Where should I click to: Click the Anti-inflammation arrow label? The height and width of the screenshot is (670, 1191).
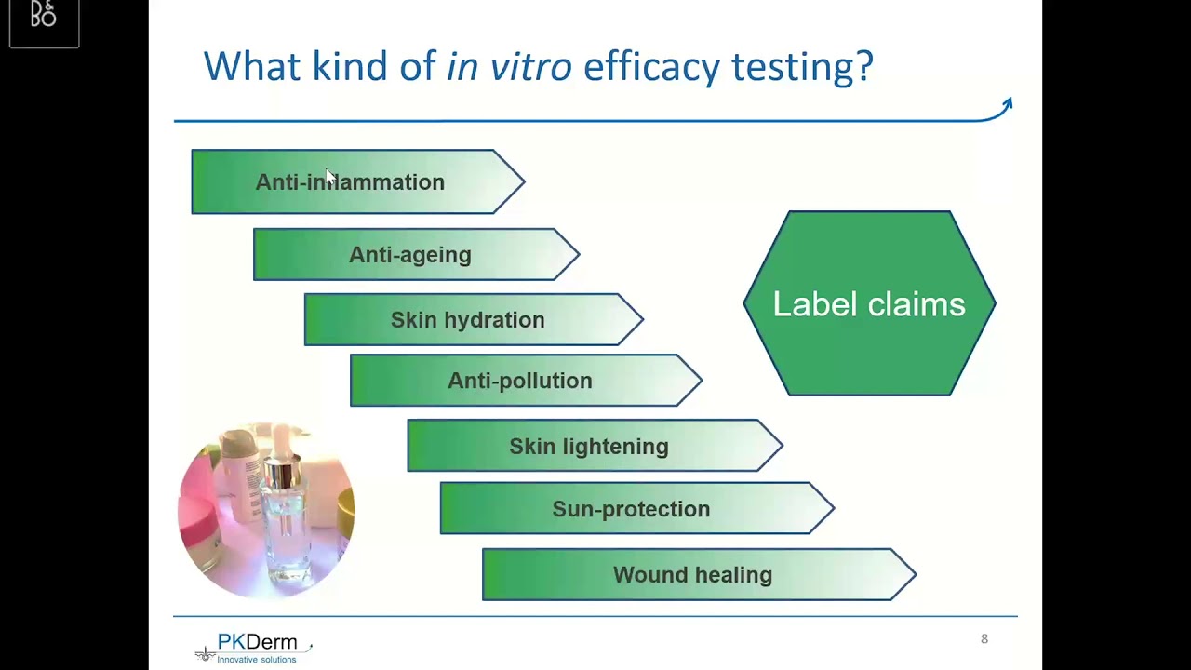coord(351,182)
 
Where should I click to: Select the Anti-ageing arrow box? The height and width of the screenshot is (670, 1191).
coord(410,255)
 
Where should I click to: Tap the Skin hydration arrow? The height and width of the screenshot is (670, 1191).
coord(468,320)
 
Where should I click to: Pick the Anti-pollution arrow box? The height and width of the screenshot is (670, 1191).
coord(520,381)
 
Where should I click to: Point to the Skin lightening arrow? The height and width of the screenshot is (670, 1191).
coord(589,447)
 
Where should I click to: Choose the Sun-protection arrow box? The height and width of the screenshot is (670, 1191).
coord(631,509)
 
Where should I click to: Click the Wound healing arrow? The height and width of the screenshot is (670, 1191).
coord(693,575)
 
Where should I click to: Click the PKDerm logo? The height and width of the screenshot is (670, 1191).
coord(254,647)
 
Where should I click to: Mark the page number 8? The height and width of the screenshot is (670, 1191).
coord(984,639)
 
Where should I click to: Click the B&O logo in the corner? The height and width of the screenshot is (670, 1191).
coord(44,16)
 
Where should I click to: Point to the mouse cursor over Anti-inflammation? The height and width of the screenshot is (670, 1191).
coord(329,177)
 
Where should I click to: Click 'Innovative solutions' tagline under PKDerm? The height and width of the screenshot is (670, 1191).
coord(257,660)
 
